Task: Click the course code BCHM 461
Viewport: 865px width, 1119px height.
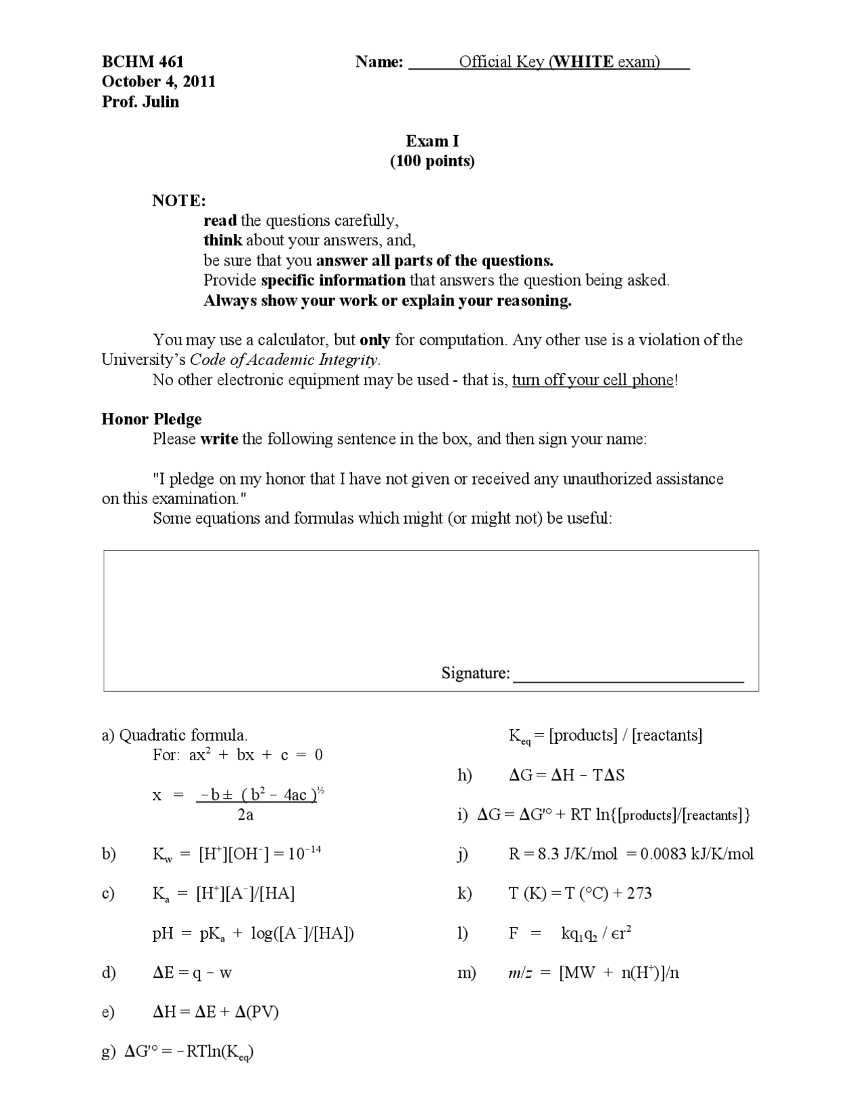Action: [x=143, y=62]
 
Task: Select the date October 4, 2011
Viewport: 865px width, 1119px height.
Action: [x=159, y=82]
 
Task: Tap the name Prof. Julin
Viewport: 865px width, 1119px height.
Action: [x=141, y=102]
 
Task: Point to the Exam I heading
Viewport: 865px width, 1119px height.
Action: [x=432, y=141]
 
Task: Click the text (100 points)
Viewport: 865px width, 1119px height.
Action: [x=432, y=161]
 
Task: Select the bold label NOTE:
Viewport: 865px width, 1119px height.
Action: [x=179, y=201]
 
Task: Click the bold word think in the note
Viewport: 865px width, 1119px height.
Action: [x=222, y=241]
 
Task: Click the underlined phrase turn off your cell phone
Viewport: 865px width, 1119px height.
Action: [x=593, y=380]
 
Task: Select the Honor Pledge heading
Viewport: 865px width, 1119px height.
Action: [x=151, y=419]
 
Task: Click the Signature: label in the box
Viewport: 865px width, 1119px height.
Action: [x=476, y=673]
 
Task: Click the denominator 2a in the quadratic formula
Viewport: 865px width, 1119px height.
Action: [x=245, y=815]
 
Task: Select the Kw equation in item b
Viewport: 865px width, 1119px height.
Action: [x=237, y=854]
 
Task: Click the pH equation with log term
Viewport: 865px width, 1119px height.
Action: [x=253, y=934]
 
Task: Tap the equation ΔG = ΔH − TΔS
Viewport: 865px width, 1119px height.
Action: [x=566, y=775]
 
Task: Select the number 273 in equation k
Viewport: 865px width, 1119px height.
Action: [x=639, y=894]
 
